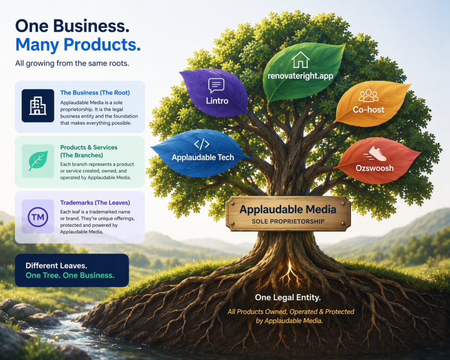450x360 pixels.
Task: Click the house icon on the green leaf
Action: coord(301,60)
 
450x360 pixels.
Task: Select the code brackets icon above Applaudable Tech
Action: coord(202,144)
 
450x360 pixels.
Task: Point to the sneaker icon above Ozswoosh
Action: coord(377,154)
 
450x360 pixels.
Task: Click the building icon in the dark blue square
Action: coord(38,105)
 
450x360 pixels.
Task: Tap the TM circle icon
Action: coord(38,217)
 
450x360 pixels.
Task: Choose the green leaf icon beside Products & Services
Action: coord(38,161)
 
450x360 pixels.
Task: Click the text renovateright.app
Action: coord(301,76)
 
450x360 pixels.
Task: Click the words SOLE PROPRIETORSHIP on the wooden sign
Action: coord(288,221)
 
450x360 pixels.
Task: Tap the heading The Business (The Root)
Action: coord(95,93)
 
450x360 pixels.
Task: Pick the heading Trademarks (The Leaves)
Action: coord(95,203)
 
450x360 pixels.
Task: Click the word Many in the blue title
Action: coord(38,44)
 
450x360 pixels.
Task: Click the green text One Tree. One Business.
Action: coord(70,275)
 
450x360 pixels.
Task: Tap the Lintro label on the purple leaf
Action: coord(217,101)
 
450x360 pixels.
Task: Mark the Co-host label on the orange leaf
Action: coord(369,109)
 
